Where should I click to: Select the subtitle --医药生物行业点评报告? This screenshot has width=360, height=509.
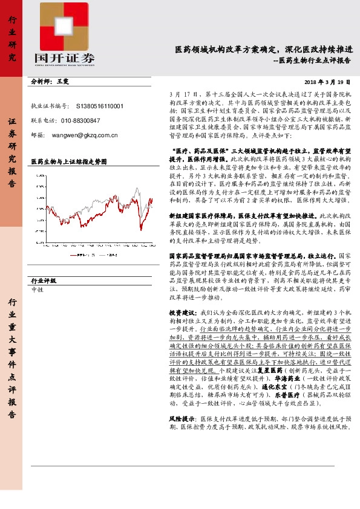(x=312, y=60)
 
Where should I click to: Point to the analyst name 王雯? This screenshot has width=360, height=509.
(x=63, y=81)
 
